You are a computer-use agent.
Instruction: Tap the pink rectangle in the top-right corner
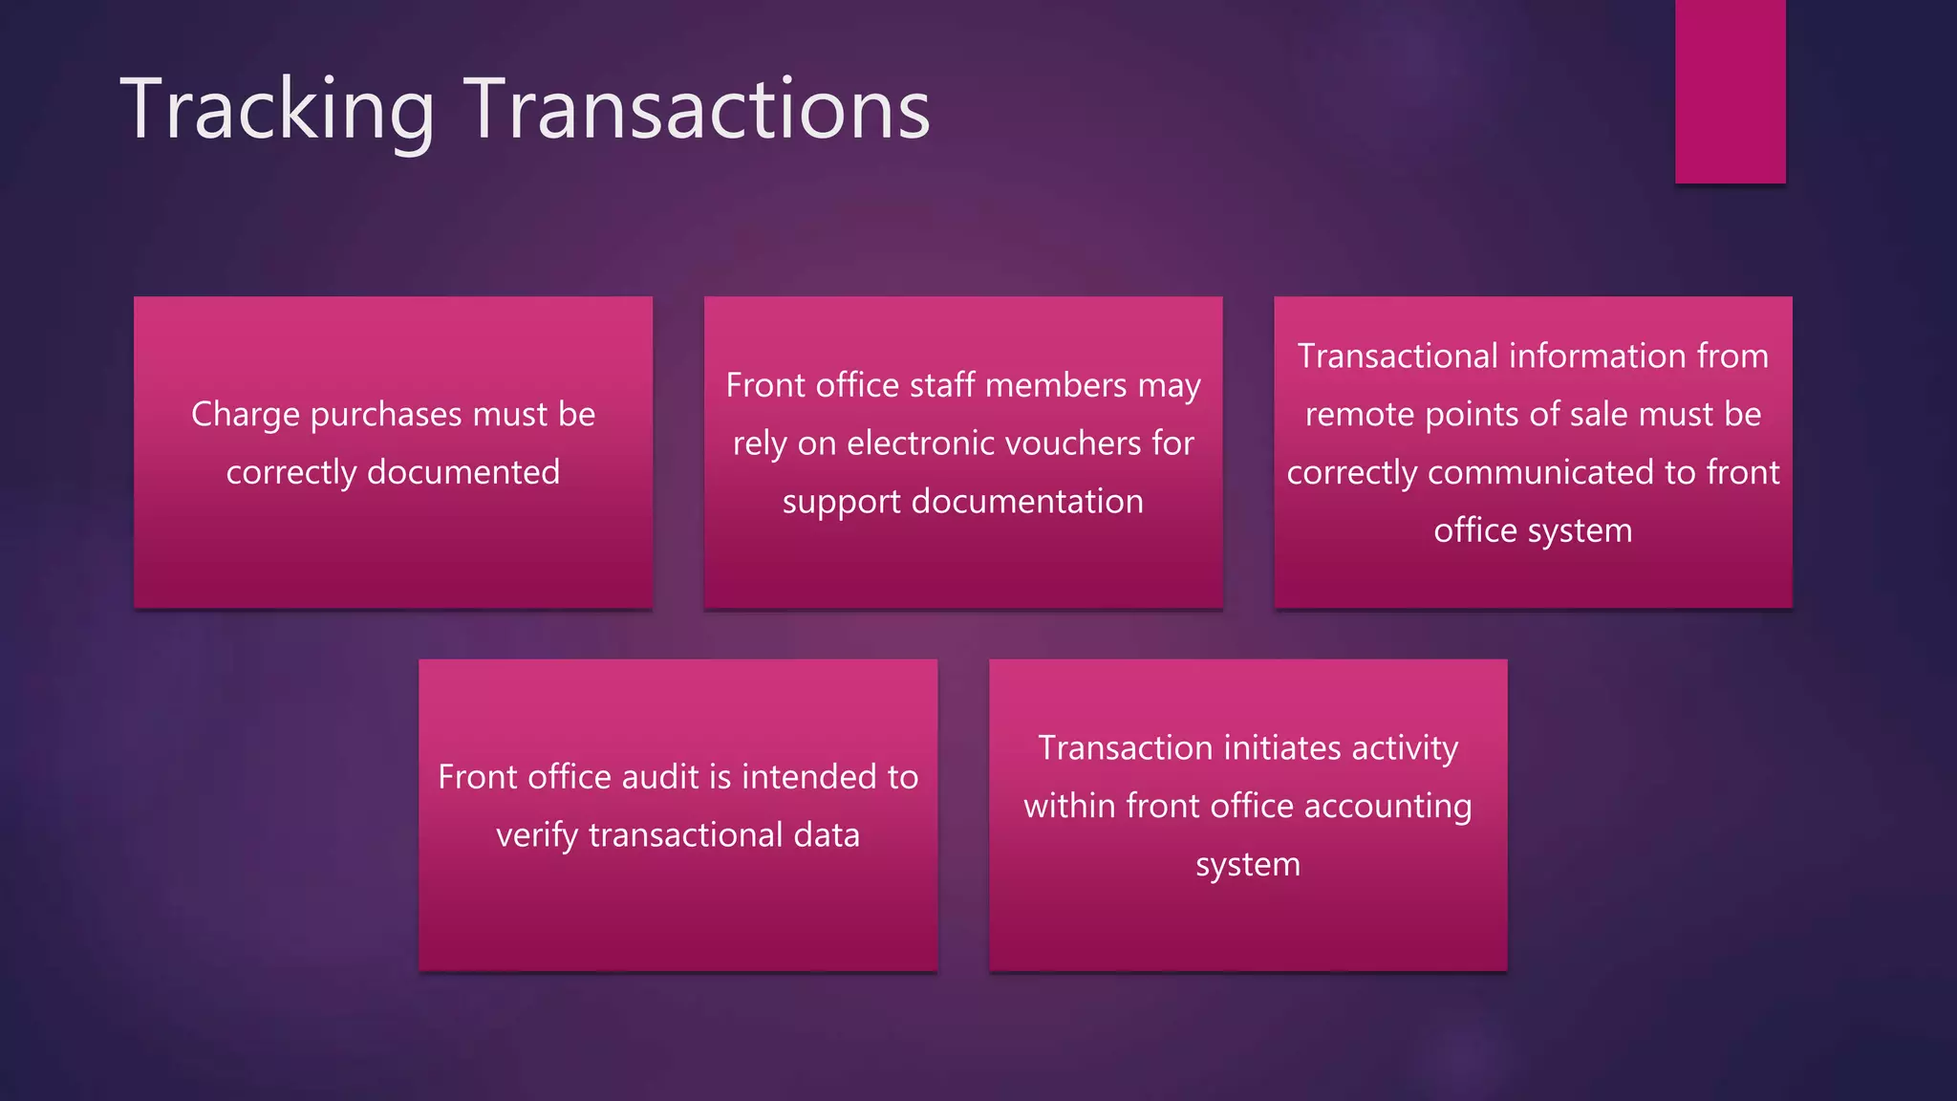point(1730,91)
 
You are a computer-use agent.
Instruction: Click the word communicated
point(1541,472)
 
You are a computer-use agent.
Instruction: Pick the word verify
point(536,835)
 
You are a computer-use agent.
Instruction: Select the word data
point(827,835)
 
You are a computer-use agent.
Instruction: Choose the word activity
point(1404,747)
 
